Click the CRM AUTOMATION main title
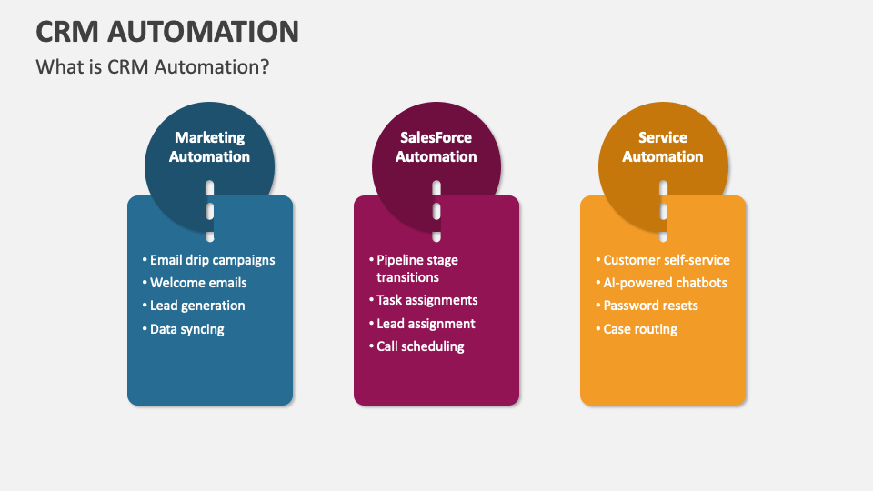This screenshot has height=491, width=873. (x=167, y=31)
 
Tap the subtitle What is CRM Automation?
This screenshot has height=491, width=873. (x=153, y=66)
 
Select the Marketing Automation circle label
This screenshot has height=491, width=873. (x=209, y=147)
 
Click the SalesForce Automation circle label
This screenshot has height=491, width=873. (x=436, y=147)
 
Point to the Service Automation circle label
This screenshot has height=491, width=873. (x=663, y=147)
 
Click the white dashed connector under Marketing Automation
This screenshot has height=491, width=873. (x=210, y=211)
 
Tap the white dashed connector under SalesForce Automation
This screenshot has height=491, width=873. (x=436, y=211)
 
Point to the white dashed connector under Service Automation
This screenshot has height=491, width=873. (x=663, y=211)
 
